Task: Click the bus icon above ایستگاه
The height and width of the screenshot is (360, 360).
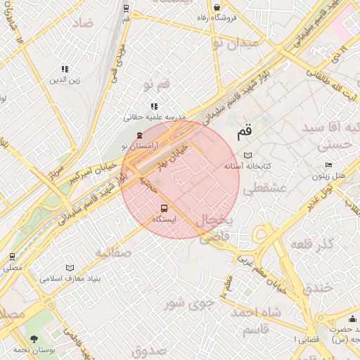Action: point(164,208)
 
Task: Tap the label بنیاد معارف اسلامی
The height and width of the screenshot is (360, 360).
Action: point(94,278)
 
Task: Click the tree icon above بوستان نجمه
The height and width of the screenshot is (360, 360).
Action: point(34,339)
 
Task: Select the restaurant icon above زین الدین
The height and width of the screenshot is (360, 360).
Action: point(65,70)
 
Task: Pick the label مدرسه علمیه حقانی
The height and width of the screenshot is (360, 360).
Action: point(155,117)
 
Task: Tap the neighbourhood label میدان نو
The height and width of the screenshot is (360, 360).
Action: point(236,44)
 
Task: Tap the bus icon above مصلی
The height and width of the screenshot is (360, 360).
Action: point(12,257)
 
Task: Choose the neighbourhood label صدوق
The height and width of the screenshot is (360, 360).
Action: point(148,349)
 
